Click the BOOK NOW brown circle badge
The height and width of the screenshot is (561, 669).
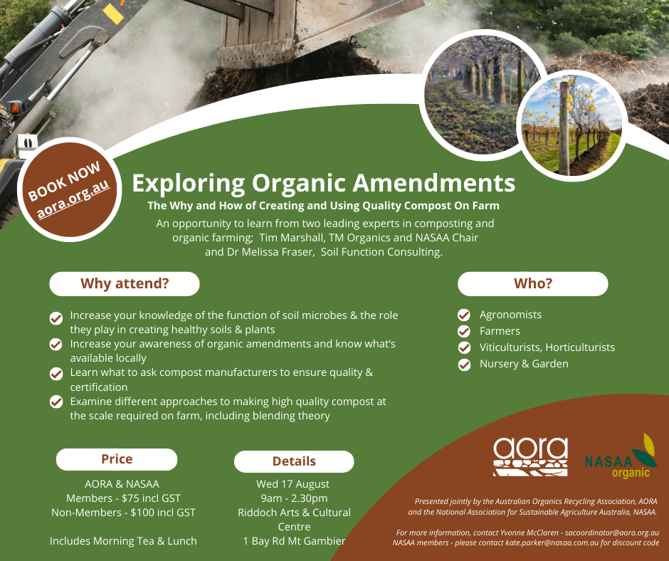[x=70, y=189]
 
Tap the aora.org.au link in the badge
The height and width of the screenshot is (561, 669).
[x=73, y=199]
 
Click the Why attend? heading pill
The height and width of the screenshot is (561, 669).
[x=125, y=283]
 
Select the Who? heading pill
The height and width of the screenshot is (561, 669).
[x=533, y=283]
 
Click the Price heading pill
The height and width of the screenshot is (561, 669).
[x=117, y=459]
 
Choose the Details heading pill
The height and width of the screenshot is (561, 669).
[x=294, y=461]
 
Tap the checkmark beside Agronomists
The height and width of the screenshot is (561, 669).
[x=464, y=315]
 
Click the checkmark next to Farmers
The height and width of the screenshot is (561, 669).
[x=464, y=331]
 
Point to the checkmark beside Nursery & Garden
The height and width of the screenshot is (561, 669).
[x=464, y=365]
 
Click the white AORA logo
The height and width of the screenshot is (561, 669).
[x=530, y=456]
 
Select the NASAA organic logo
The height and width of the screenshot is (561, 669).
[x=621, y=456]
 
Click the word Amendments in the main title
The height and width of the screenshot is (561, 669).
[x=434, y=183]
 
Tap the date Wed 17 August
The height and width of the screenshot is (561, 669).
[x=293, y=484]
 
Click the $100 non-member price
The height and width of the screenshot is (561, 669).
[x=144, y=513]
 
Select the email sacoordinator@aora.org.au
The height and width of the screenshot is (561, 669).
[x=612, y=533]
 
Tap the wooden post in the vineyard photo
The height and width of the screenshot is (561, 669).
[x=564, y=128]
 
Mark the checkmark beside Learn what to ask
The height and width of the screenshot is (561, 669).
[x=56, y=374]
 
